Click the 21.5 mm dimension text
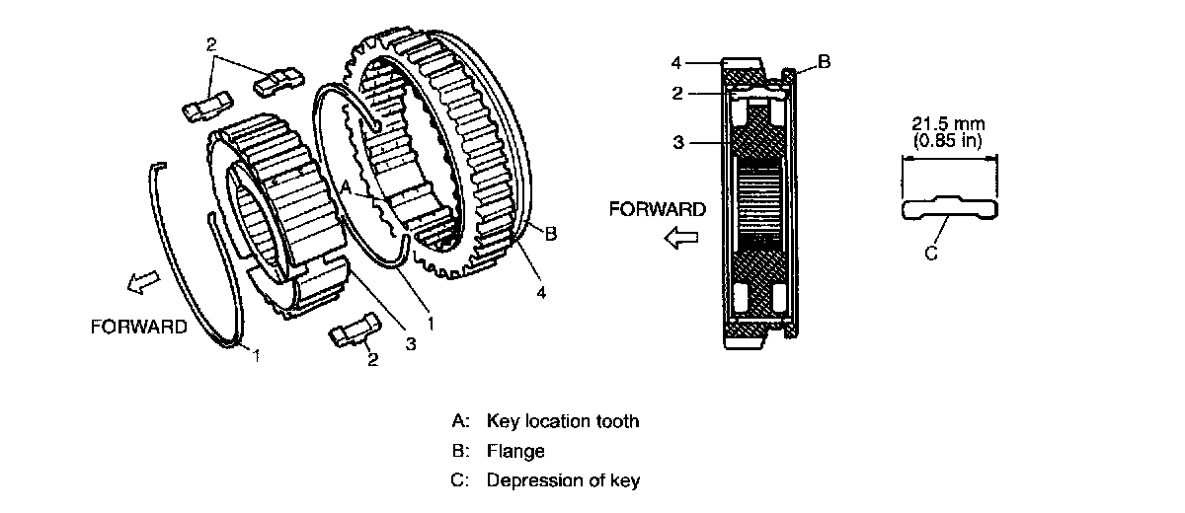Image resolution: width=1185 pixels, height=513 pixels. point(949,124)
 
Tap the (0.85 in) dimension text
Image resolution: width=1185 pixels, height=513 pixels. point(948,140)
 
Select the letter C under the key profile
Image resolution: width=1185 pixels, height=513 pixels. point(930,254)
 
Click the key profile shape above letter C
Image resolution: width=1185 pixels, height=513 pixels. point(949,208)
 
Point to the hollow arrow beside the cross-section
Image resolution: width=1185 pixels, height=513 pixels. point(681,236)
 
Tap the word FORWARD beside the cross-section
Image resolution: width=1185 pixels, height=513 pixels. point(658,209)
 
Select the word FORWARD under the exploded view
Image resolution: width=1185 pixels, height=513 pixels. point(138,326)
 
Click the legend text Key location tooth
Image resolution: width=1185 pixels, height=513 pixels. point(563,421)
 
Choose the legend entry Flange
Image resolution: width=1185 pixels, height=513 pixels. point(515,451)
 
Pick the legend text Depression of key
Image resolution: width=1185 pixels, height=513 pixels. point(563,481)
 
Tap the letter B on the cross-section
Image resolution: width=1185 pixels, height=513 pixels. point(825,61)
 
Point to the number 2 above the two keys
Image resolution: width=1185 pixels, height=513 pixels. point(210,44)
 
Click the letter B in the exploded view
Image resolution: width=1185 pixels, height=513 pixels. point(551,233)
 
